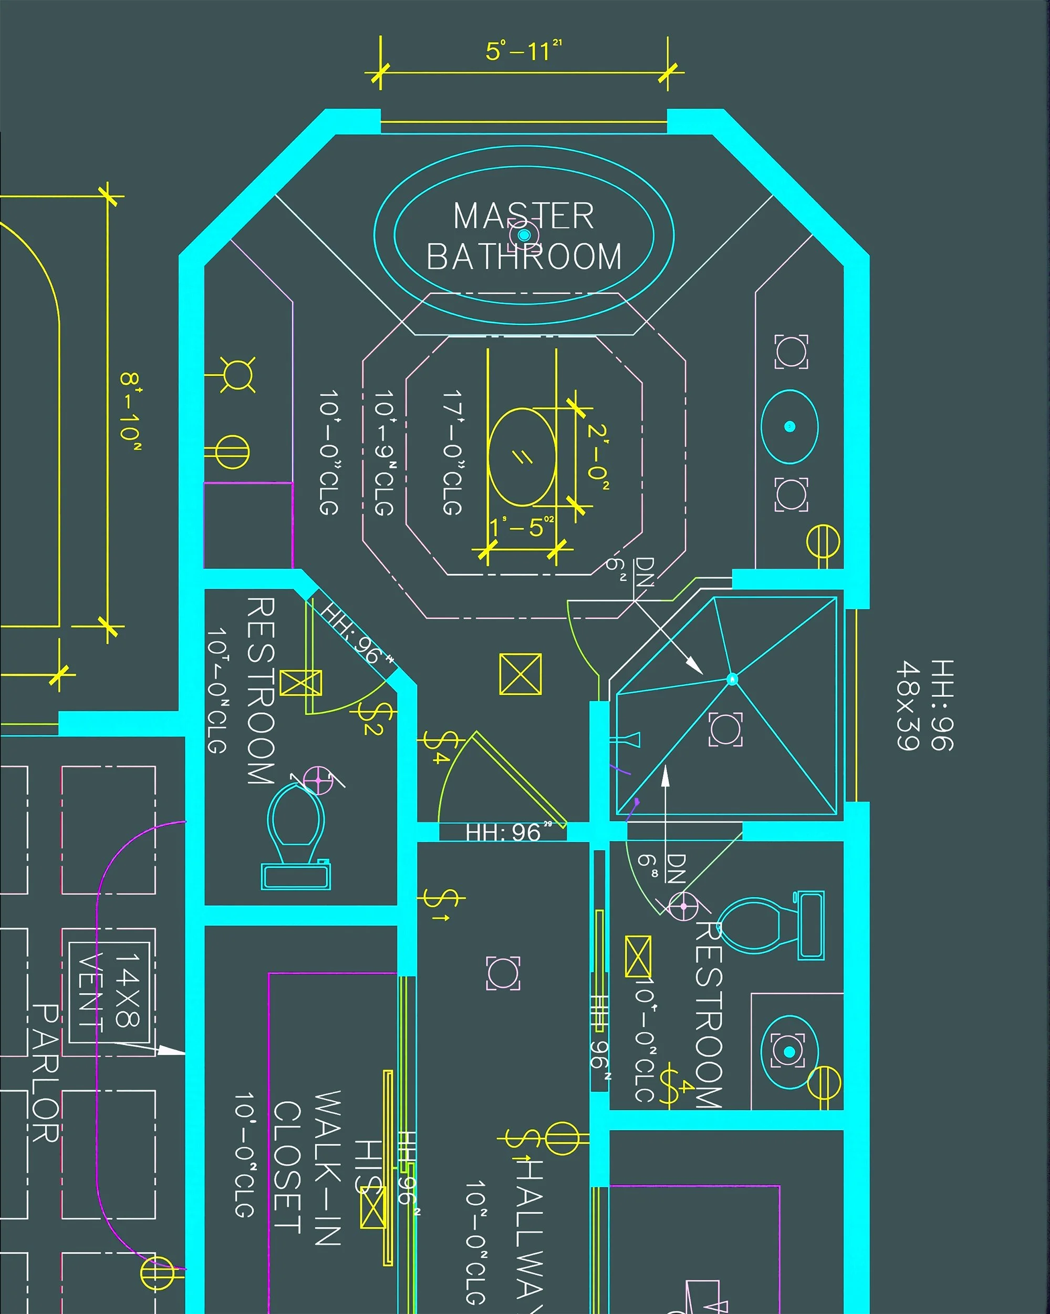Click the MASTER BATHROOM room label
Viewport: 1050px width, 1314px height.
coord(524,237)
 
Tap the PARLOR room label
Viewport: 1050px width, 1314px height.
coord(46,1073)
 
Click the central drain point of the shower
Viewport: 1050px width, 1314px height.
coord(733,679)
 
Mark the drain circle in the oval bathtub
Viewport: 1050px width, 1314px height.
coord(524,234)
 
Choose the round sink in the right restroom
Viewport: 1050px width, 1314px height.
coord(789,1051)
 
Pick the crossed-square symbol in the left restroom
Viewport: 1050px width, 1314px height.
coord(300,683)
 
